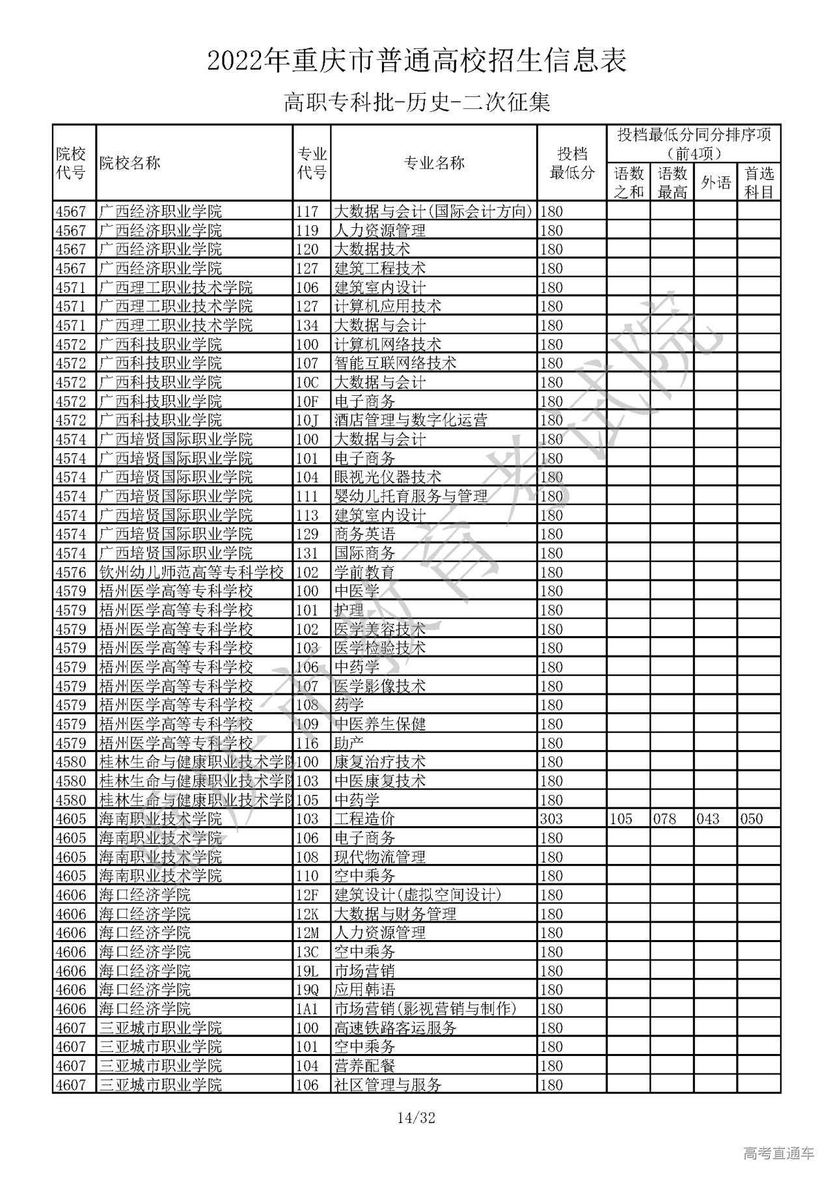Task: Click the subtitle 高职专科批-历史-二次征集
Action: [x=416, y=102]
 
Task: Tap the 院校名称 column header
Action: [x=130, y=163]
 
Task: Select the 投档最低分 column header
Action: [x=571, y=163]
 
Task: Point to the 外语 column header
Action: [x=715, y=182]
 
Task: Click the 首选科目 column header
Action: [x=759, y=182]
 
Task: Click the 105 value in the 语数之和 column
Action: [x=621, y=818]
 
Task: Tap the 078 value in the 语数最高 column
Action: [x=664, y=818]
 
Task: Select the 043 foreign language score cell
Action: [x=708, y=818]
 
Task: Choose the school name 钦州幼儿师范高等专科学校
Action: [x=191, y=572]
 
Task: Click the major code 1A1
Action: [x=308, y=1008]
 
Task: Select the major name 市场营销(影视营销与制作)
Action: [x=425, y=1008]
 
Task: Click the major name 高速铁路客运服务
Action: [x=395, y=1028]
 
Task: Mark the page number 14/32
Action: [x=416, y=1118]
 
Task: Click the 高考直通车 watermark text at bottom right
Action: [x=778, y=1153]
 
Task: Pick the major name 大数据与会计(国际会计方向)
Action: [x=433, y=212]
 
